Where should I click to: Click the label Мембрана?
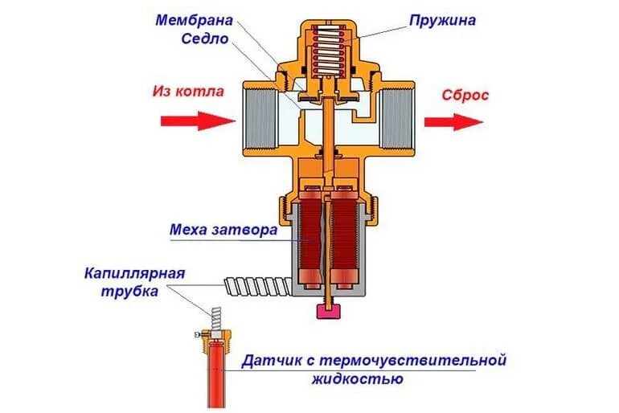[195, 19]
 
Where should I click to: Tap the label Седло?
[205, 39]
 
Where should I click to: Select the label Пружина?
[441, 18]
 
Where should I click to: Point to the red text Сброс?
[465, 94]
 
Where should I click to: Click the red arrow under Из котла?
[196, 121]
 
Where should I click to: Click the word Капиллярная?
[135, 273]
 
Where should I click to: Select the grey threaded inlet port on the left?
[257, 121]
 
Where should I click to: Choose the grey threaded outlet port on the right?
[397, 121]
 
